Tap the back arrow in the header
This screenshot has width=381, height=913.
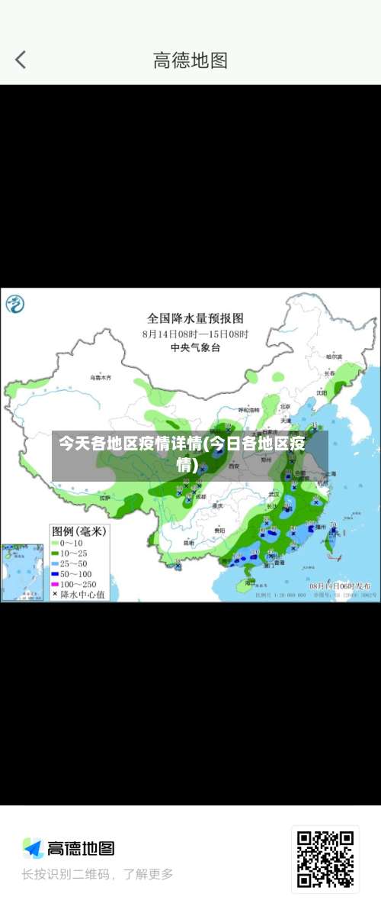point(21,60)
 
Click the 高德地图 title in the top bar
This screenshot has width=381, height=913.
point(190,60)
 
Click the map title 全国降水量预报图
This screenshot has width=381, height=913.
point(195,318)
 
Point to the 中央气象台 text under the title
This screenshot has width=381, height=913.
point(195,347)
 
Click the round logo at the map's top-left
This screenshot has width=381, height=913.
point(15,305)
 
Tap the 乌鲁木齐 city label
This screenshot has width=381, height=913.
point(100,377)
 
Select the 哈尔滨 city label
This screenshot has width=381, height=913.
point(334,356)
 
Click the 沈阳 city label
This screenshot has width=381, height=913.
point(322,392)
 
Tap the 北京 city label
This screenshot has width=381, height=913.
point(285,406)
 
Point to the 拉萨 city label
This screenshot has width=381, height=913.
point(104,498)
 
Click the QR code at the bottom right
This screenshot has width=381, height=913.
point(325,859)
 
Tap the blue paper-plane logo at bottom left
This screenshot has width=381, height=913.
point(33,848)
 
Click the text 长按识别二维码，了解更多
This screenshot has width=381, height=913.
point(98,874)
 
